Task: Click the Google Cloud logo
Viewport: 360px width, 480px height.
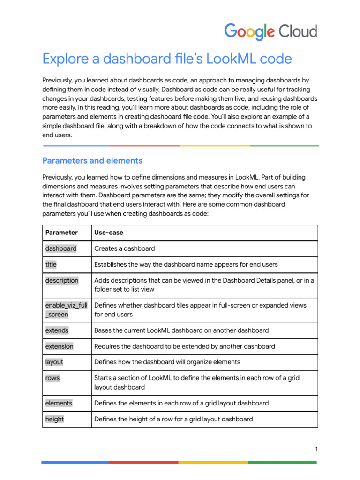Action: (x=270, y=31)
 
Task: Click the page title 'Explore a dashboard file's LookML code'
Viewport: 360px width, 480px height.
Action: (x=167, y=59)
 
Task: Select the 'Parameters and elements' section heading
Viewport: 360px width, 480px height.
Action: (x=92, y=161)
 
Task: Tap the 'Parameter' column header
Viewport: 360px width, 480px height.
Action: (x=61, y=232)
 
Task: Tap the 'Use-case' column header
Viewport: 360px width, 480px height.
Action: (x=109, y=232)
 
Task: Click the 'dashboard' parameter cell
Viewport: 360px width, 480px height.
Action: (x=61, y=248)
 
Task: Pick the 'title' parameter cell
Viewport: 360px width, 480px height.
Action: (x=51, y=264)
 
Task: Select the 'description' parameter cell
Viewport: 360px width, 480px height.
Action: (x=62, y=280)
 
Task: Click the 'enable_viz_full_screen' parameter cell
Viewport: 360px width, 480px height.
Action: (x=66, y=310)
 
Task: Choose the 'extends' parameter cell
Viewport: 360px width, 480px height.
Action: (x=57, y=330)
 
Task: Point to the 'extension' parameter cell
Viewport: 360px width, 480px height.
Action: (x=60, y=346)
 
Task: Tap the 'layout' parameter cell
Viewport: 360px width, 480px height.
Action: (x=54, y=362)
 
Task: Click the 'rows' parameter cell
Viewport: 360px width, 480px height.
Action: (x=52, y=378)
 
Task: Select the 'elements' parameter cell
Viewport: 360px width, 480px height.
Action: (x=59, y=403)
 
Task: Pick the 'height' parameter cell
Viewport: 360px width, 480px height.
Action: (x=55, y=419)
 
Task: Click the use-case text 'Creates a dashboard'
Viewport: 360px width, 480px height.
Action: (x=125, y=248)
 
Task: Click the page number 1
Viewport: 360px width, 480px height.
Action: (x=316, y=450)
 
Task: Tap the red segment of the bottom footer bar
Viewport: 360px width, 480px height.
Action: (x=143, y=463)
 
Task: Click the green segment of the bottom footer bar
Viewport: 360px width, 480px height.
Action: (x=282, y=463)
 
